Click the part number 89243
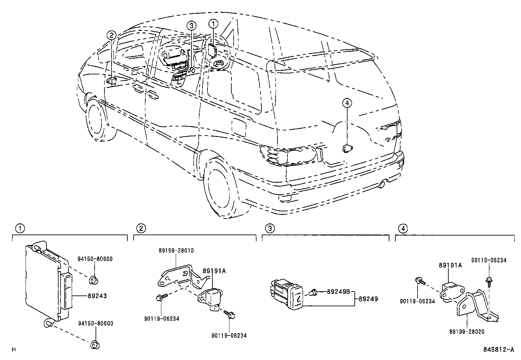97,296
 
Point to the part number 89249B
338,291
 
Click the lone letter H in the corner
13,350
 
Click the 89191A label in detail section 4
450,266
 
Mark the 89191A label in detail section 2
214,271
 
